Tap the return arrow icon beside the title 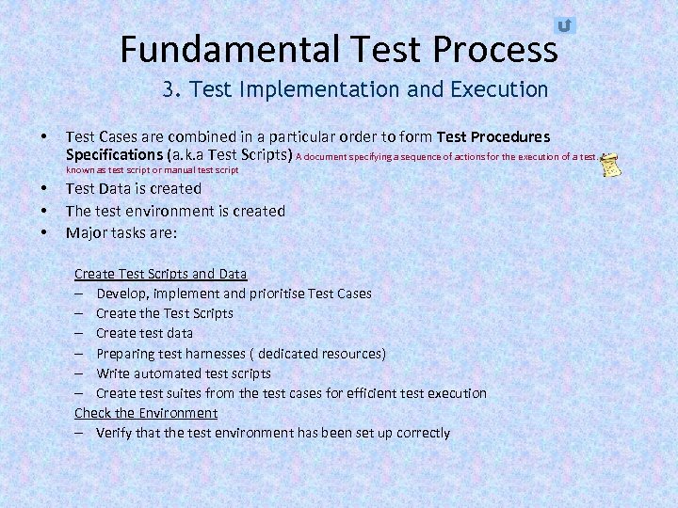564,25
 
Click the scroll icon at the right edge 610,164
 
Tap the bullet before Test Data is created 44,189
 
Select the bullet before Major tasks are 44,231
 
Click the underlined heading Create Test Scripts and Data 160,274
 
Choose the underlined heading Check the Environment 146,413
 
